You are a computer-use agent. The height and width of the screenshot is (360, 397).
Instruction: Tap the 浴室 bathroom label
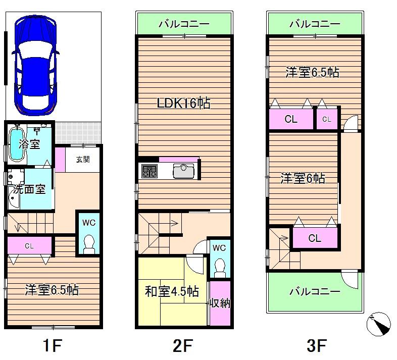point(29,144)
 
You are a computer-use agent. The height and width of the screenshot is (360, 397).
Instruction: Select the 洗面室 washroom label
point(30,189)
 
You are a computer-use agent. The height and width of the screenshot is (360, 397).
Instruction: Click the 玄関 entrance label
point(83,160)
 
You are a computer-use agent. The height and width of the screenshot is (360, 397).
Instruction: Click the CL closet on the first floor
point(29,246)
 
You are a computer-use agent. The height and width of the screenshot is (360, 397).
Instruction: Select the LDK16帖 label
point(183,104)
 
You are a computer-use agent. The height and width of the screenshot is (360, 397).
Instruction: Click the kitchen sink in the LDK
point(183,171)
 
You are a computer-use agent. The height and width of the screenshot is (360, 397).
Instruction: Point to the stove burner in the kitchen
point(150,171)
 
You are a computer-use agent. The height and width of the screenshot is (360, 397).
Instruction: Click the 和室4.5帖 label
point(172,291)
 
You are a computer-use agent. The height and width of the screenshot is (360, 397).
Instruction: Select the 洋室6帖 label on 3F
point(303,178)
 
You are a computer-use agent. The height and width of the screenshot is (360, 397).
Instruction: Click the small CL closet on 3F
point(326,119)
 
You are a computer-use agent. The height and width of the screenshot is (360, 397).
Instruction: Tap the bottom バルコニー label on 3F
point(315,291)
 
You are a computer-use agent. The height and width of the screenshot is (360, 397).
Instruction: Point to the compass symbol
point(379,324)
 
